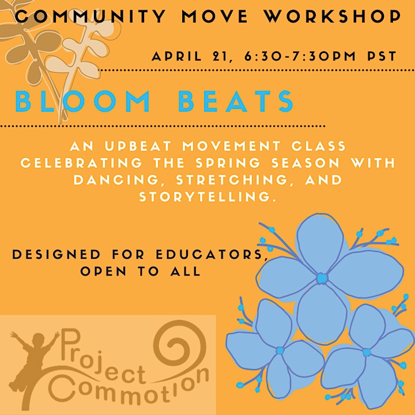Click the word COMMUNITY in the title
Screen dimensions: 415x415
pos(90,16)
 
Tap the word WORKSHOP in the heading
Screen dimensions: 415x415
pos(333,16)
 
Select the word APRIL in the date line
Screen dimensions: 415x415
pos(176,56)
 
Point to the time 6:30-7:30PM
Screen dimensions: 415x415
pos(300,56)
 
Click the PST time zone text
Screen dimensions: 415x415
pos(382,56)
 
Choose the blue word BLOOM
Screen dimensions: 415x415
pos(82,101)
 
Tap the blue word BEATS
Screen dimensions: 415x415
pos(236,101)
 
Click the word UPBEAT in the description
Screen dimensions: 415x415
pos(138,146)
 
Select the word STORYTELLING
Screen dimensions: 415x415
pos(207,197)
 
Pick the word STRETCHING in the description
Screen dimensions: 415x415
pos(232,180)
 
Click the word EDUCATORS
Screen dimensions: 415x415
pos(212,254)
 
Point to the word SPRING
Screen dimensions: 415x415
pos(228,163)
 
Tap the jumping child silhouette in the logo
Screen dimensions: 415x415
pos(32,369)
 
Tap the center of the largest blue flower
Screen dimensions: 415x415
pos(322,278)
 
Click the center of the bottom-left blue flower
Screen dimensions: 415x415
pos(280,350)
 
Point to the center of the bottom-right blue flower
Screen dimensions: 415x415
pos(367,352)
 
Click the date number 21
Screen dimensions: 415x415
pos(217,56)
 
